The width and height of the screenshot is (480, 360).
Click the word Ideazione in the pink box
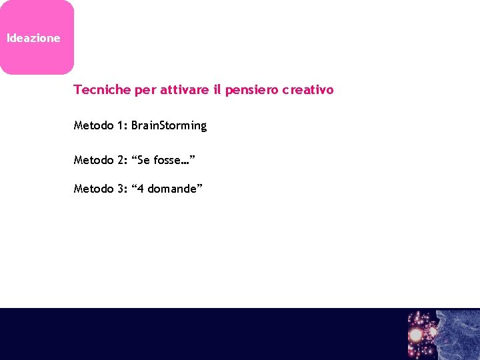pos(33,39)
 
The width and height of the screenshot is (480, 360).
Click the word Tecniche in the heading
pos(102,90)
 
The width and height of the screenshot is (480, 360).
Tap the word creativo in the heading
pos(307,90)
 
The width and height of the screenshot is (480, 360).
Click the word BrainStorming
pos(169,126)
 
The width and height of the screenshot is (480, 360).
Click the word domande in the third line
pos(172,189)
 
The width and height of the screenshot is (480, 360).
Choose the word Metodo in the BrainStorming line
pos(93,126)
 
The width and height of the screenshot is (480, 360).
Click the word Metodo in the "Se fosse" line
pos(93,160)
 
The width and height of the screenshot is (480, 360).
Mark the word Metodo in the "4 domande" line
pos(93,189)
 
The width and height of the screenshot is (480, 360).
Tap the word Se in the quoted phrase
pos(144,160)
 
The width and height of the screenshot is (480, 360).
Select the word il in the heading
pos(217,90)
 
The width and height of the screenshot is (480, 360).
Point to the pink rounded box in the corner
pos(37,37)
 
